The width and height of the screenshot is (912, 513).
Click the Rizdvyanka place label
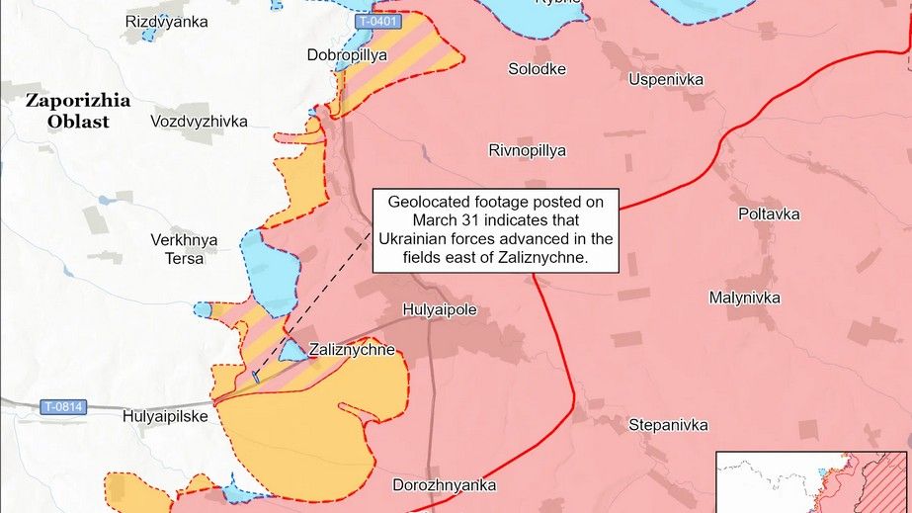pyautogui.click(x=166, y=21)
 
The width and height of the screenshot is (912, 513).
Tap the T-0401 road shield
pyautogui.click(x=377, y=22)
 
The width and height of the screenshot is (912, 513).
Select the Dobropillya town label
pyautogui.click(x=348, y=55)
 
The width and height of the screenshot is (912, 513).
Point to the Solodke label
pyautogui.click(x=537, y=68)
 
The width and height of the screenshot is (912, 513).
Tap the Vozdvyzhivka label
pyautogui.click(x=199, y=121)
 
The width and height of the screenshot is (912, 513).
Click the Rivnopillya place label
pyautogui.click(x=527, y=150)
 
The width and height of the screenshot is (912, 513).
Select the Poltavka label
pyautogui.click(x=769, y=214)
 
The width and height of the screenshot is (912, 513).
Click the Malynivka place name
pyautogui.click(x=744, y=298)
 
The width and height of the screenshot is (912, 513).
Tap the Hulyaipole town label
pyautogui.click(x=440, y=309)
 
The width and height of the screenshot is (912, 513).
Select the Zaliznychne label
pyautogui.click(x=352, y=349)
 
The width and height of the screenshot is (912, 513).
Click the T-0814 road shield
pyautogui.click(x=63, y=405)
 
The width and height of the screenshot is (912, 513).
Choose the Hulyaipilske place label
pyautogui.click(x=165, y=417)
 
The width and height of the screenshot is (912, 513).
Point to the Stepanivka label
pyautogui.click(x=668, y=425)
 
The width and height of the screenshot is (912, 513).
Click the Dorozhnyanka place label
pyautogui.click(x=444, y=485)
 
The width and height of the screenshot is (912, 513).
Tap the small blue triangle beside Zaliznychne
pyautogui.click(x=291, y=351)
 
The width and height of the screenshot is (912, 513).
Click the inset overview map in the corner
pyautogui.click(x=813, y=481)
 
